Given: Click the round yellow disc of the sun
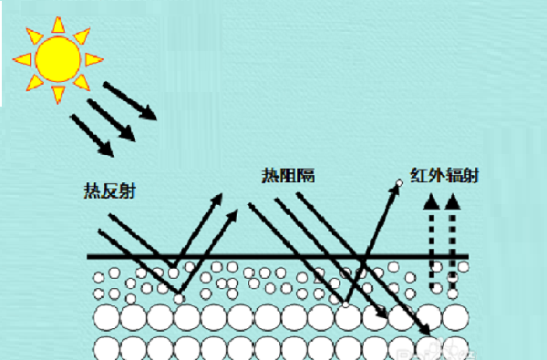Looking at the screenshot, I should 57,56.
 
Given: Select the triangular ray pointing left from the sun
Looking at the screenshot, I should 21,58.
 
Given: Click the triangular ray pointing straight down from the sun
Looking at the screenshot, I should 57,94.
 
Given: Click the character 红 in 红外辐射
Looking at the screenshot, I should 420,174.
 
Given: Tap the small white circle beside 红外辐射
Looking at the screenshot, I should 398,185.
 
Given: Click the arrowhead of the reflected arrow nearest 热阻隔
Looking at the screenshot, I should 233,215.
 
